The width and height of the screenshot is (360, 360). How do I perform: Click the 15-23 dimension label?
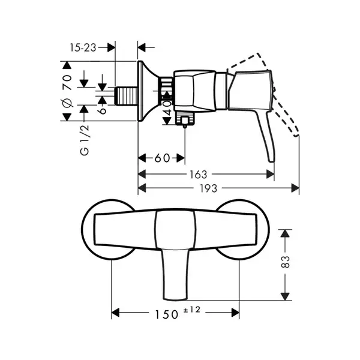point(83,48)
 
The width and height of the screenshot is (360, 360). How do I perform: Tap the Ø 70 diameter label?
point(67,91)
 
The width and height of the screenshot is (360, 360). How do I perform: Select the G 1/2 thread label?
point(85,140)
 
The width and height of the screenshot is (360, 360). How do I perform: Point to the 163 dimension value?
point(199,175)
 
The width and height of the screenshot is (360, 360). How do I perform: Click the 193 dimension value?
point(208,188)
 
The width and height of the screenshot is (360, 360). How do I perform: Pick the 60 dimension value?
point(162,158)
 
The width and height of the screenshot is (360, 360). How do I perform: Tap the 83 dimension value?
point(286,262)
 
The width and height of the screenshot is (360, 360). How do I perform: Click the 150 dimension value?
point(167,314)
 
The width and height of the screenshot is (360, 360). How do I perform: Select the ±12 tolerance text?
point(192,310)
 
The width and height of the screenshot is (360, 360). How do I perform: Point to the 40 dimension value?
point(167,107)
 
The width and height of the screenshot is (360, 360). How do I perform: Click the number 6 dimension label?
point(102,110)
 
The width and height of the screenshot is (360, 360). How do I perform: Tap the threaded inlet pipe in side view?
point(126,96)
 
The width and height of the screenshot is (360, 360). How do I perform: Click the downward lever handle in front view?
point(175,274)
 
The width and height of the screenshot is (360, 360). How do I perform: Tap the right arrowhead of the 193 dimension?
point(295,188)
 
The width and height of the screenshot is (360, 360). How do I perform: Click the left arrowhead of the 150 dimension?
point(115,313)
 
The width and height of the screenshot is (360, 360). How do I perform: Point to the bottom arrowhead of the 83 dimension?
point(285,296)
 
